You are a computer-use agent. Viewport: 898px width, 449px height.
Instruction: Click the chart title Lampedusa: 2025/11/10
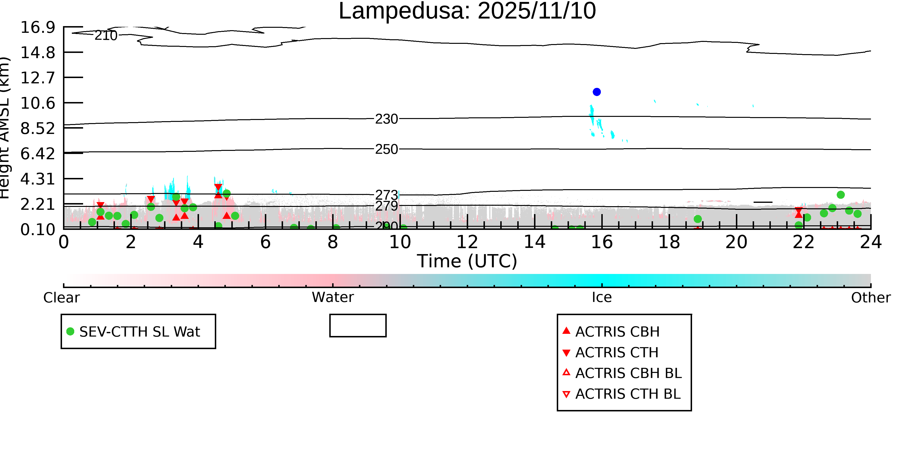tap(467, 11)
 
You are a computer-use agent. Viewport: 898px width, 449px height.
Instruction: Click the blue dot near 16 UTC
tap(597, 92)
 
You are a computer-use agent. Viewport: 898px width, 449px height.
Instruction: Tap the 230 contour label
tap(386, 119)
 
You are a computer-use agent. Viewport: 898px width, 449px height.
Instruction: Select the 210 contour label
tap(106, 35)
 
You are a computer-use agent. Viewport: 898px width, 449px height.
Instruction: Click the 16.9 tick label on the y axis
tap(38, 27)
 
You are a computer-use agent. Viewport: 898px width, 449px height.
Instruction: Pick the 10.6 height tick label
tap(38, 103)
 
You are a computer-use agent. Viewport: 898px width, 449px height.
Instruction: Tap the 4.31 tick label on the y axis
tap(38, 179)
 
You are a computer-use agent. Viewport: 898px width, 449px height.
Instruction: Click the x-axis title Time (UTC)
tap(467, 261)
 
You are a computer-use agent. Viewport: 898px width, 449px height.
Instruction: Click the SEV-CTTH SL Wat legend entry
tap(139, 331)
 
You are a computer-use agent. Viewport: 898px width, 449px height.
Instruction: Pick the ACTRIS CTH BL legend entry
tap(627, 394)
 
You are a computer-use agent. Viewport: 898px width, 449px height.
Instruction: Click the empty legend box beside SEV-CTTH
tap(358, 326)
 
